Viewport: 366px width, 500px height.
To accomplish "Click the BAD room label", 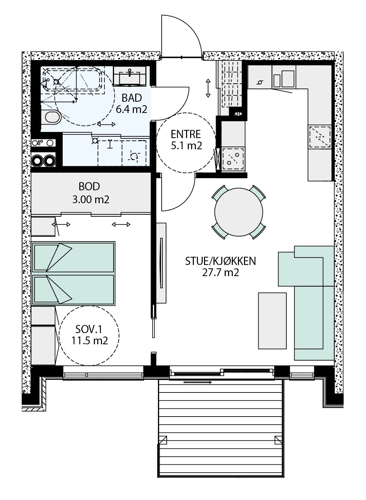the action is click(x=132, y=98).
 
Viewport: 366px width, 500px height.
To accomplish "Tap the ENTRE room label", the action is click(x=186, y=134).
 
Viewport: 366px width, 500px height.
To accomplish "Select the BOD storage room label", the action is click(x=89, y=186).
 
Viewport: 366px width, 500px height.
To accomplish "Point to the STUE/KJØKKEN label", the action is click(x=220, y=261).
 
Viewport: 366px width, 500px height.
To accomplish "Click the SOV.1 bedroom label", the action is click(x=88, y=329).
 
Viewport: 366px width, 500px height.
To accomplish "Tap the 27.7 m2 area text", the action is click(x=220, y=272).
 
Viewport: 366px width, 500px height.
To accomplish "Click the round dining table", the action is click(x=239, y=212).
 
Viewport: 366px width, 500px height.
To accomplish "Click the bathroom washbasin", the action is click(x=129, y=76).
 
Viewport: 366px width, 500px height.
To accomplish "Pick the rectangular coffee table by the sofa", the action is click(x=272, y=321).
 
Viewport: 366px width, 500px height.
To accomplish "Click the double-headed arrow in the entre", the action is click(x=208, y=88).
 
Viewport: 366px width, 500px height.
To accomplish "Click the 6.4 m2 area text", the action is click(x=131, y=110).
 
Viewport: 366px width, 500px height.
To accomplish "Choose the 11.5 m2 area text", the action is click(x=90, y=341).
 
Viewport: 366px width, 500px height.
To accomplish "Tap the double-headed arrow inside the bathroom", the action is click(x=106, y=124).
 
